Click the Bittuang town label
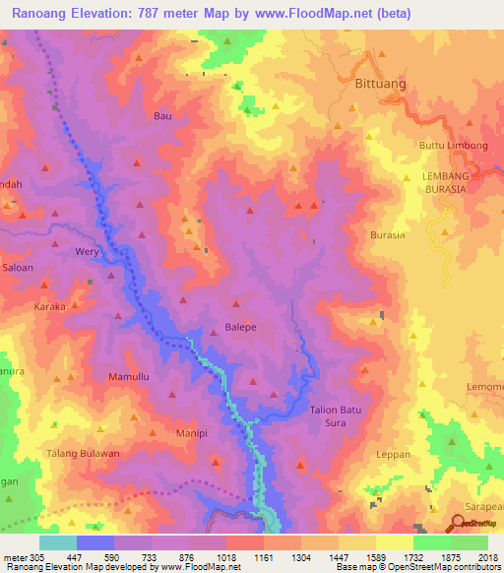(x=379, y=85)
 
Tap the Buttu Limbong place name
(x=454, y=146)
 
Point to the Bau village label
(x=162, y=116)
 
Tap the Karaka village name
(x=49, y=307)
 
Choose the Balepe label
(x=240, y=328)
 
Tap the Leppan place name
(x=393, y=455)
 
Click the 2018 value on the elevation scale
(x=488, y=557)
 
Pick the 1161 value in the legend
(x=263, y=557)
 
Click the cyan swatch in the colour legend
(x=58, y=542)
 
